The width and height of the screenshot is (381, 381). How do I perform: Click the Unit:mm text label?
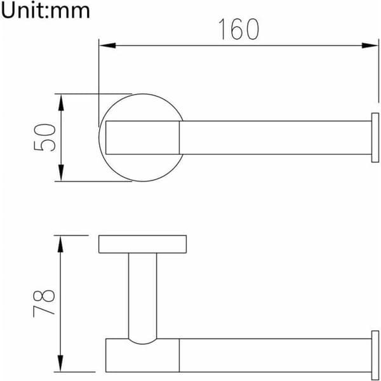tap(45, 10)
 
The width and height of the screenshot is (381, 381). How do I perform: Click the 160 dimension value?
tap(239, 29)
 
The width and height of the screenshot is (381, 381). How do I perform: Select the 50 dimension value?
tap(44, 138)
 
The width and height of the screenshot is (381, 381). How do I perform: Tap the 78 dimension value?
tap(44, 304)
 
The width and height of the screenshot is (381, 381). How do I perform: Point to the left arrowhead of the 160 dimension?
tap(108, 46)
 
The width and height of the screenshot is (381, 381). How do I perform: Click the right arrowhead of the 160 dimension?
tap(370, 46)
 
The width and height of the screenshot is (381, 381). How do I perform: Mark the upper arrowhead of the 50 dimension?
tap(61, 102)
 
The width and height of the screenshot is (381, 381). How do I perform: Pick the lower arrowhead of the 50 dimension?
tap(61, 173)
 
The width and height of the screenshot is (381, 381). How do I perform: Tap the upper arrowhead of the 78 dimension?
tap(60, 244)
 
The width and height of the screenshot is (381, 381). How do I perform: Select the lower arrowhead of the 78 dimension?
tap(60, 363)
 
